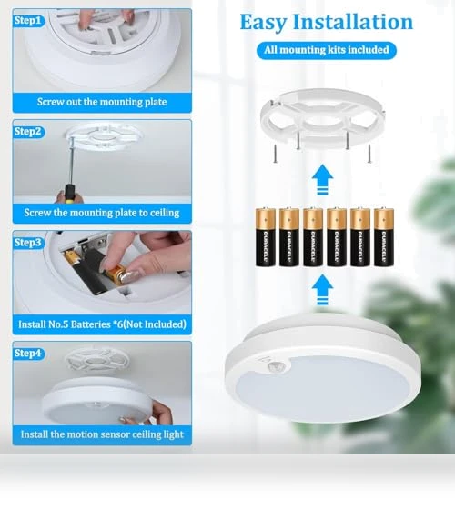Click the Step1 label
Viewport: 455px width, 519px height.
coord(28,21)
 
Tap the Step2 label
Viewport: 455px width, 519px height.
coord(28,132)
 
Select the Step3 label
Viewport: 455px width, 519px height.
coord(28,243)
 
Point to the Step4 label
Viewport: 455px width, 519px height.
coord(28,354)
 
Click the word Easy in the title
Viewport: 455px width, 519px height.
coord(263,23)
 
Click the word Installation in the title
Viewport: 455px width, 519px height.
coord(353,22)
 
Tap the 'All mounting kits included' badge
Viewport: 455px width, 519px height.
coord(327,50)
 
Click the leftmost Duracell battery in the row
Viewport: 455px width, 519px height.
coord(266,236)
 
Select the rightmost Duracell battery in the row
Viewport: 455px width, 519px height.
coord(384,236)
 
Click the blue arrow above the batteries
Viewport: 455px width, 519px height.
coord(322,179)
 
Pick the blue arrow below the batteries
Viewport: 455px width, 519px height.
coord(322,290)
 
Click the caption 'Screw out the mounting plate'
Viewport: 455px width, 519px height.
coord(102,102)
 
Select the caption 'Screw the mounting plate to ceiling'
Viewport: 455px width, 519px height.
coord(102,213)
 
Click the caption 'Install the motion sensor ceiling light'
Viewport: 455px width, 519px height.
coord(102,434)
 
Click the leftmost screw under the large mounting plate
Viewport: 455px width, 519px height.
coord(275,155)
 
